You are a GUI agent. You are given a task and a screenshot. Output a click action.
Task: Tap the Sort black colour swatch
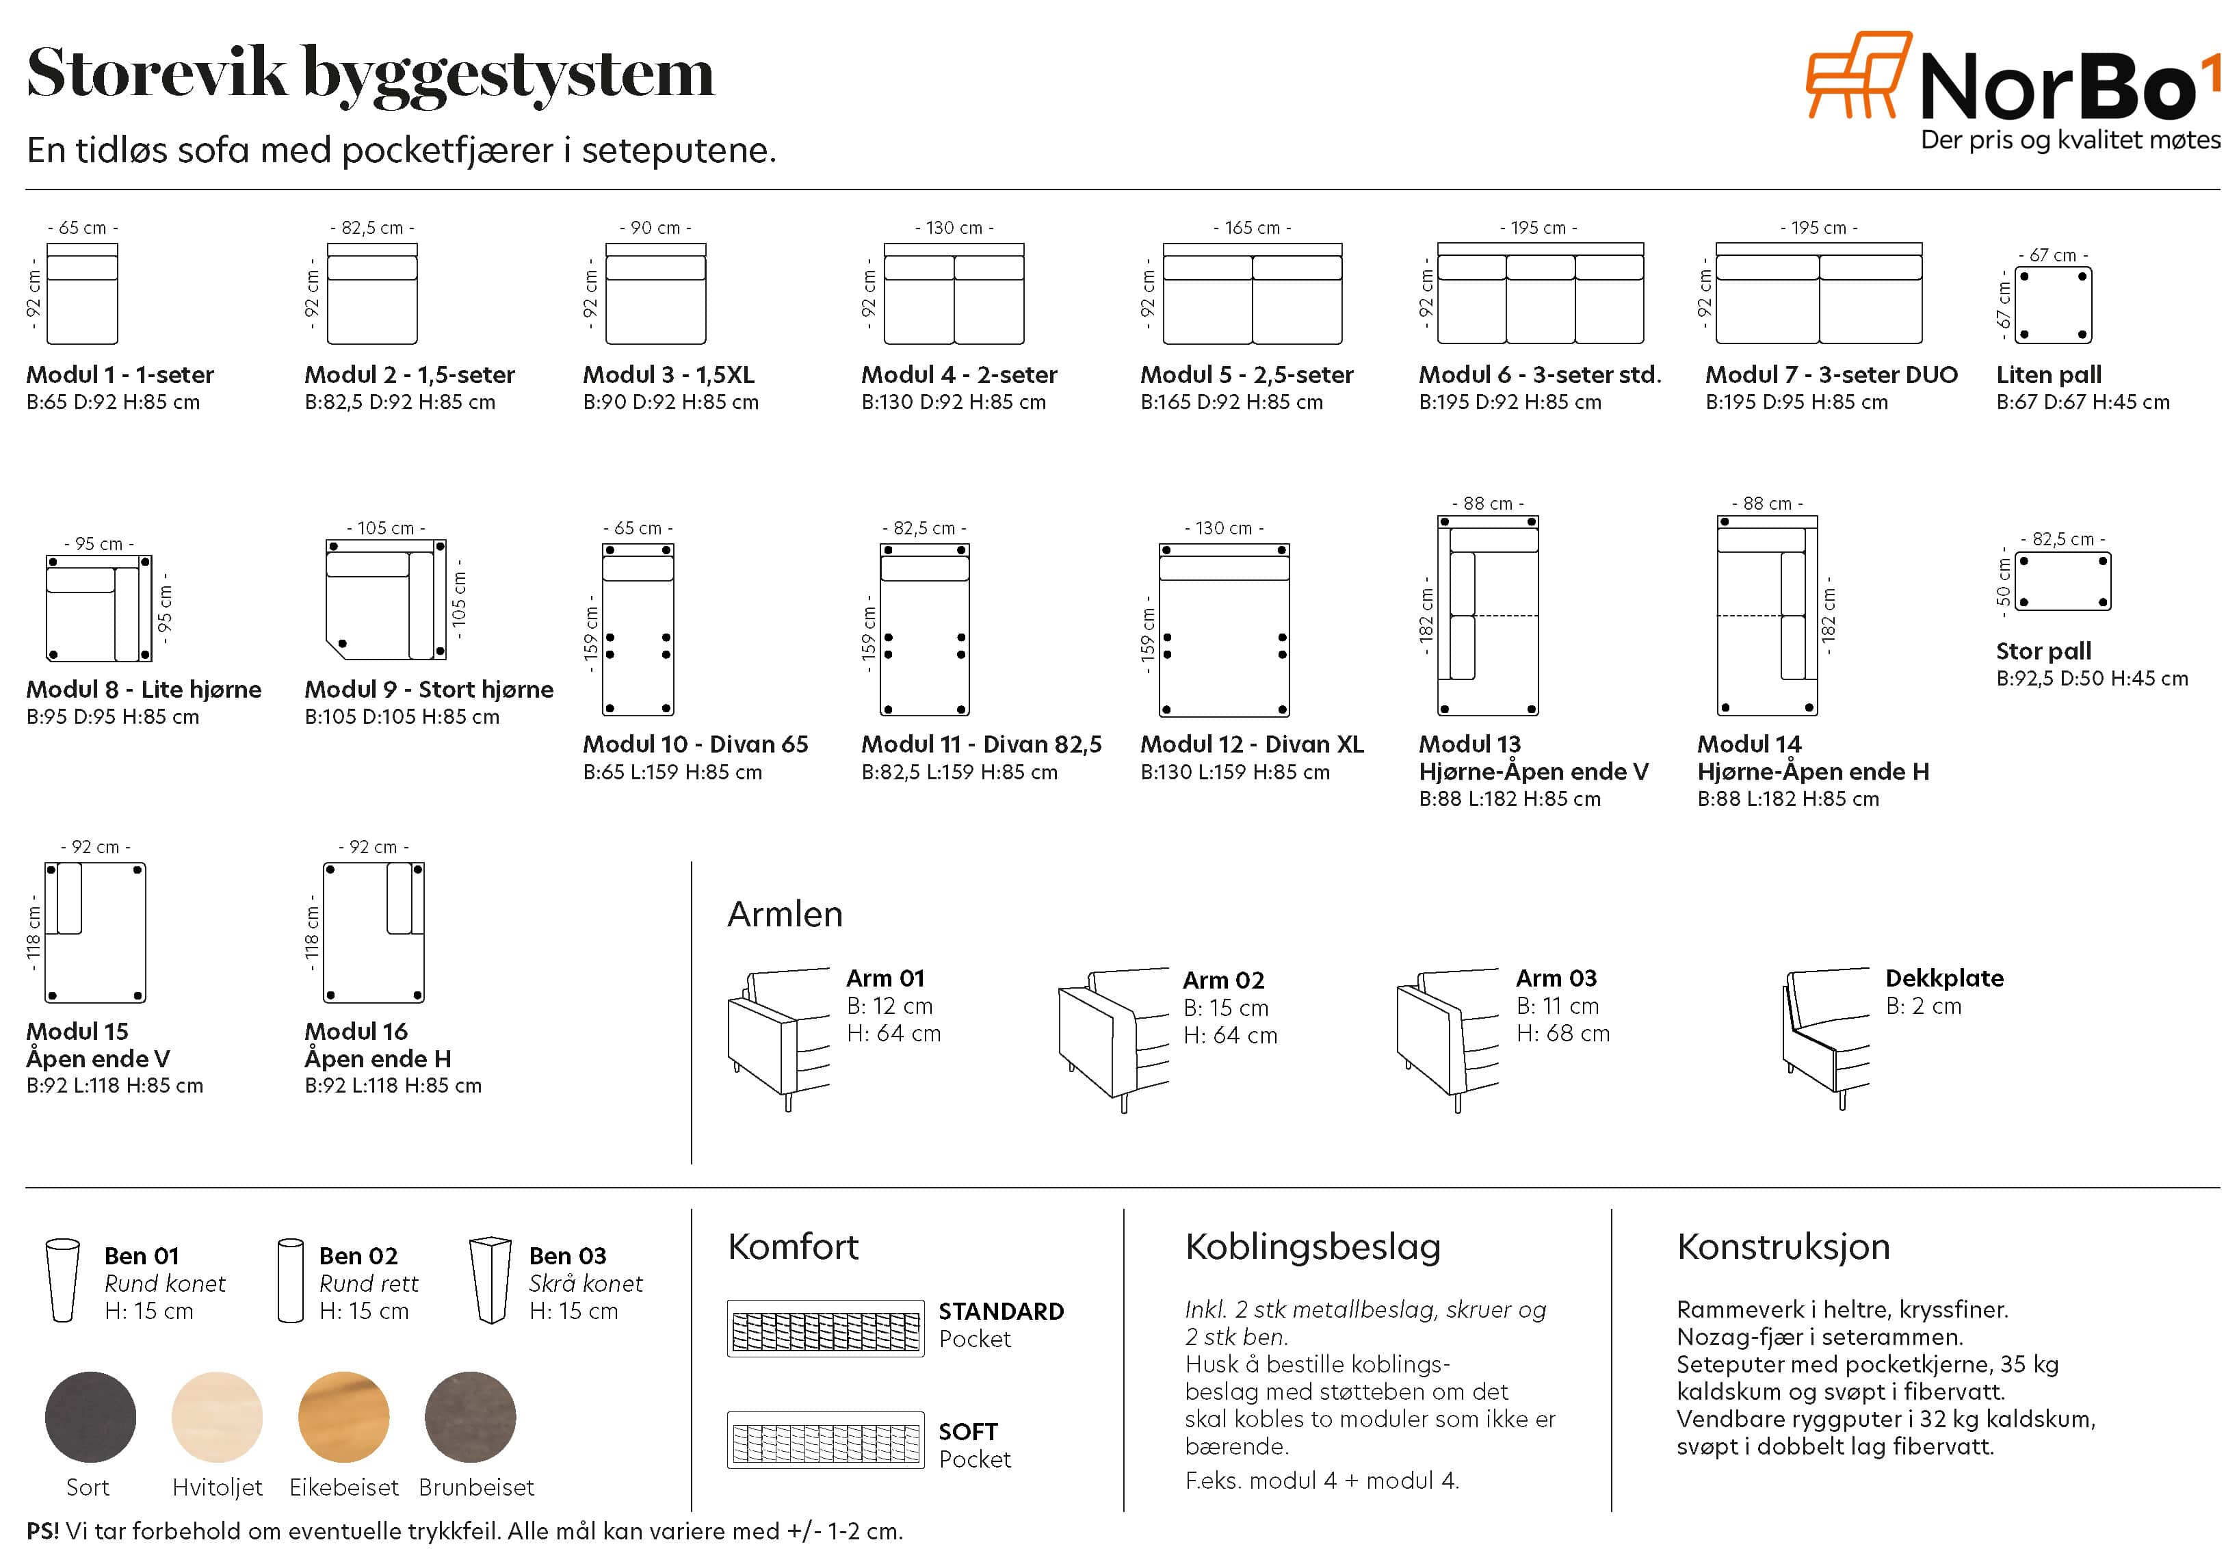90,1416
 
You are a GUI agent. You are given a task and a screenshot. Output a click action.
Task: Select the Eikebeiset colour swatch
344,1416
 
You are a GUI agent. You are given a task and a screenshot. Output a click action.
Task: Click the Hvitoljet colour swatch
217,1416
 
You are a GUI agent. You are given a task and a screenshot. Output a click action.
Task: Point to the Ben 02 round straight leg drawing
291,1279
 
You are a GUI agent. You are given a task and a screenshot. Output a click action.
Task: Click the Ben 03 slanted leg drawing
490,1279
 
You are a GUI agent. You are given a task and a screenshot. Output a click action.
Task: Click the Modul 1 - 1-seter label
120,374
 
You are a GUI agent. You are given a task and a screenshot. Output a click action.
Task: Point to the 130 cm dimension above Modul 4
954,228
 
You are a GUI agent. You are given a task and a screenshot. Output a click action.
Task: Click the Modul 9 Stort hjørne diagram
386,600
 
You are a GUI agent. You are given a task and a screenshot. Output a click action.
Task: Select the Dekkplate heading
1944,978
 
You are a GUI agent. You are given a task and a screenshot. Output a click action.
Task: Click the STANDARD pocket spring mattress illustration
825,1328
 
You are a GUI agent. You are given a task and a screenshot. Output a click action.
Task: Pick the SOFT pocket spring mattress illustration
825,1440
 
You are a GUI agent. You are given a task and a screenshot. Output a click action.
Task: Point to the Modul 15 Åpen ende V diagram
95,933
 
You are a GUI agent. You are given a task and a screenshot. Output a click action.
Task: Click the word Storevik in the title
157,74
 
